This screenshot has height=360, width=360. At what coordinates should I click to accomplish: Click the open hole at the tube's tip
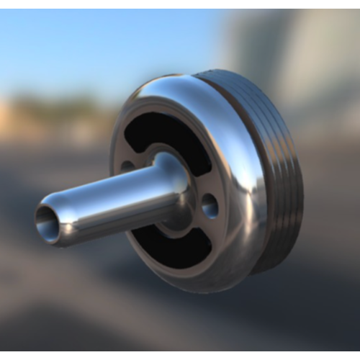47,222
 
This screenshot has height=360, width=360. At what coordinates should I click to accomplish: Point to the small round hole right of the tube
210,206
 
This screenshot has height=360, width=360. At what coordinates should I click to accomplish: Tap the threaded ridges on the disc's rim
284,173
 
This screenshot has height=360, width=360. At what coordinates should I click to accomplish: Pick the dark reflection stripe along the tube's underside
108,227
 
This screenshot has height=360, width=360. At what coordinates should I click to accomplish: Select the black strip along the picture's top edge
180,4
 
